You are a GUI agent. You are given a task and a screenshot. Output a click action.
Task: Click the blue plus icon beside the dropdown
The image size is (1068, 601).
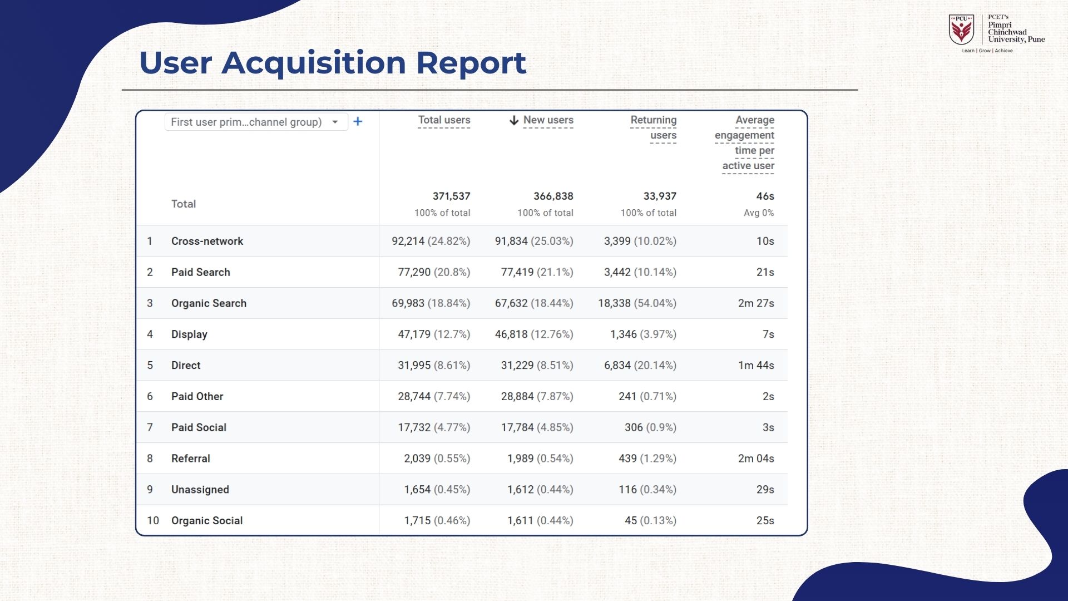coord(358,121)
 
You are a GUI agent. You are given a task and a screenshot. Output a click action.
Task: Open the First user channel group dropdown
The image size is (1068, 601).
coord(256,122)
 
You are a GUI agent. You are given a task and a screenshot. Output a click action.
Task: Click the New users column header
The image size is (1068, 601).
coord(548,120)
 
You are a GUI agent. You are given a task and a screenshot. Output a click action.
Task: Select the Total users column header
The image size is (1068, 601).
coord(444,120)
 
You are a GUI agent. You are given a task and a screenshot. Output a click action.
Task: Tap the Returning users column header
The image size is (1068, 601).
coord(654,127)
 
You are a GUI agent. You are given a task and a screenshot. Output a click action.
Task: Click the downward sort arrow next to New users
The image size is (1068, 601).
coord(514,120)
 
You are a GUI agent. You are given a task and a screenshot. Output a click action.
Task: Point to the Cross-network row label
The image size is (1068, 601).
coord(207,241)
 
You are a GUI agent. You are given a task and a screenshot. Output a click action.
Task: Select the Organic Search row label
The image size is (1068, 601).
coord(209,303)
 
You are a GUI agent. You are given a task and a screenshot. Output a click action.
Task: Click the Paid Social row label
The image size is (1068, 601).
coord(199,427)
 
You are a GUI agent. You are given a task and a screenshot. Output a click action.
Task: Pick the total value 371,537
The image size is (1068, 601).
coord(451,196)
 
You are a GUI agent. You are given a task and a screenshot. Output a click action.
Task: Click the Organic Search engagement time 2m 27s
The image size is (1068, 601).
coord(756,303)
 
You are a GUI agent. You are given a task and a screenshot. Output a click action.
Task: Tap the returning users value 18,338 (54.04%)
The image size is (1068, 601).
coord(637,303)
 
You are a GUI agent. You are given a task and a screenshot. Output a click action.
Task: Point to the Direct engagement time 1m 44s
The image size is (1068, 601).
coord(756,366)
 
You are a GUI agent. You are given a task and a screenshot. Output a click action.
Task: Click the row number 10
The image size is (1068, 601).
coord(152,520)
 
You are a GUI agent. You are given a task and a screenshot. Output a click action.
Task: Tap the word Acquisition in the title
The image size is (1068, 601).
coord(314,62)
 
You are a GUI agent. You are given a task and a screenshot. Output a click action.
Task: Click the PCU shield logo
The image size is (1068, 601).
coord(961,30)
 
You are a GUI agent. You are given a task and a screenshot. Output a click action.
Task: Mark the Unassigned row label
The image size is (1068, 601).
coord(200,490)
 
